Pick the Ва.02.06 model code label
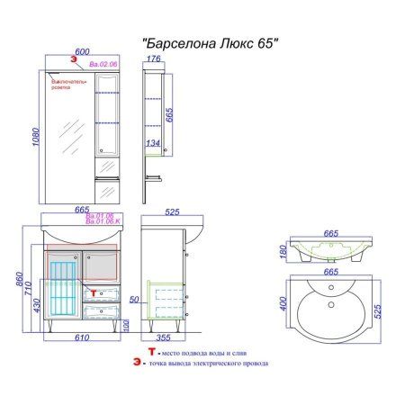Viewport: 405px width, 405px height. [103, 66]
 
